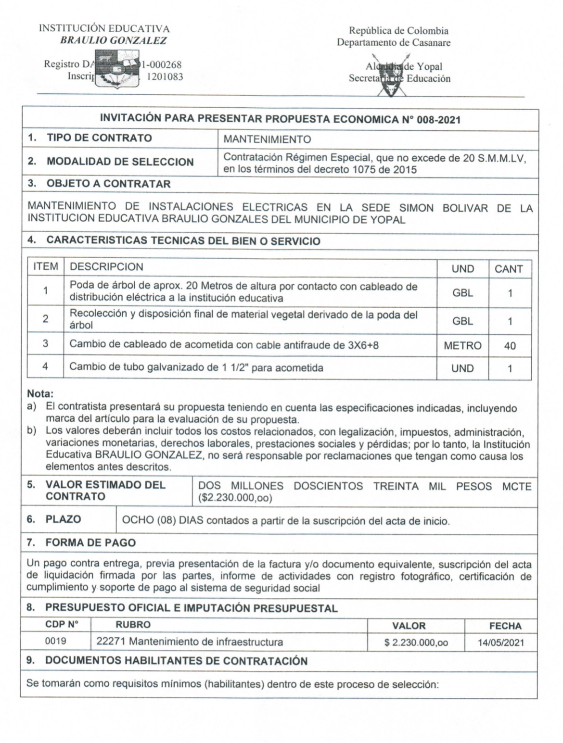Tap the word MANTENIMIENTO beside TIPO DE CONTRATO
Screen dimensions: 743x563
pos(268,139)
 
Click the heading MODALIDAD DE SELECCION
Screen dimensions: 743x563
pos(120,162)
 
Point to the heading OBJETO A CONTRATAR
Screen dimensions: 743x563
pos(108,184)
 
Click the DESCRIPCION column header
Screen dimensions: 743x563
pos(106,267)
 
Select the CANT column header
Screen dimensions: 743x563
pos(509,269)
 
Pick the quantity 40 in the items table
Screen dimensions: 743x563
pos(510,346)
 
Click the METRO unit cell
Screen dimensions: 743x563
pos(462,346)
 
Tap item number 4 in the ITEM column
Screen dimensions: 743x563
pos(45,366)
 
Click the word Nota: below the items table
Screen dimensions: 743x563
pos(40,395)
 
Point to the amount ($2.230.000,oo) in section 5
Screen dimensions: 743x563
pos(235,498)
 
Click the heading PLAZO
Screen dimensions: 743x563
pos(63,519)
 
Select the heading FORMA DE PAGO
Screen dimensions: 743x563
pos(90,543)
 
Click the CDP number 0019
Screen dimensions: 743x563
pos(56,641)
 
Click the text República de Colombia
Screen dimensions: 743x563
pos(398,31)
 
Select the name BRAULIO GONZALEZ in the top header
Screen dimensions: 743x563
pos(114,41)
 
